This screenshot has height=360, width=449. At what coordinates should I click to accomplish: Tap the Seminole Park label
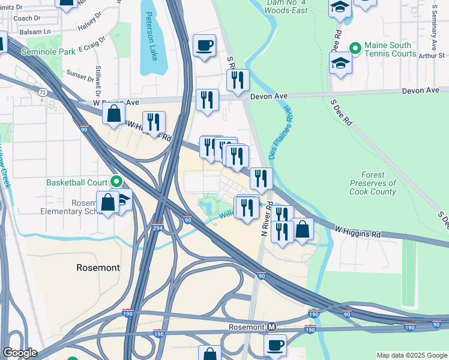49,52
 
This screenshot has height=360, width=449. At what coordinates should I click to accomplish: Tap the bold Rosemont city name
98,267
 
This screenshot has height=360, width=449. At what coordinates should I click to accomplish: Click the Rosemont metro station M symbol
272,327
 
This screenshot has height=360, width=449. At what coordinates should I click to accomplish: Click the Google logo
19,353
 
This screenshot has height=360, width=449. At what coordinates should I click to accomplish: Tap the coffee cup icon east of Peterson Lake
204,45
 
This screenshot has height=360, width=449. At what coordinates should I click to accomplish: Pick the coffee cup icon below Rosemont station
276,345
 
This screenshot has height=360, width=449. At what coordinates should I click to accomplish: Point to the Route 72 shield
41,92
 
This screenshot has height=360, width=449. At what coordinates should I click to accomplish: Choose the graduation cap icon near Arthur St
340,64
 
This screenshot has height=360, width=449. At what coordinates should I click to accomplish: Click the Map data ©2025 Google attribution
412,355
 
